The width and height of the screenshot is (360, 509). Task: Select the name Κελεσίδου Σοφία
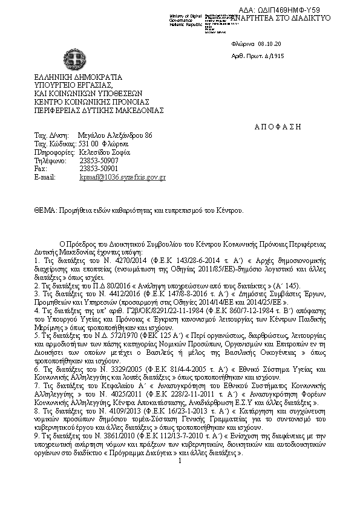[105, 152]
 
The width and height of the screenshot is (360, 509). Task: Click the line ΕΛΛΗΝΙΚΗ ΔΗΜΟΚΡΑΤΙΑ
[78, 77]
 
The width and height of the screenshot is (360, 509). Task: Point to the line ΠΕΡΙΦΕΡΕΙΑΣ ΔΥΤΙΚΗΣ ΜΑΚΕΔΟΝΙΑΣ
[99, 111]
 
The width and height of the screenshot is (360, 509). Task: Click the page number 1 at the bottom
[180, 494]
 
